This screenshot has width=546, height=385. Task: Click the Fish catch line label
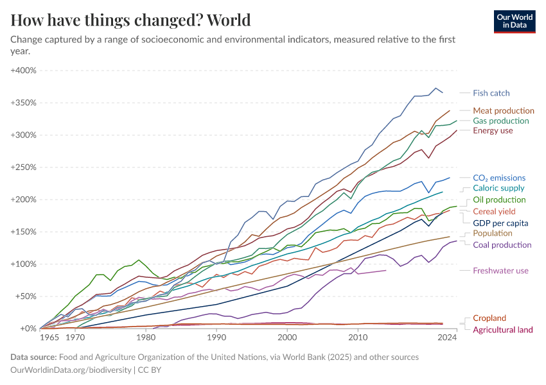click(x=491, y=93)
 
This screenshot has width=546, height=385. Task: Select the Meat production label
click(x=503, y=110)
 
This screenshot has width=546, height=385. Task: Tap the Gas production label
click(x=500, y=121)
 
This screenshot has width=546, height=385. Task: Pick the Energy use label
click(x=493, y=131)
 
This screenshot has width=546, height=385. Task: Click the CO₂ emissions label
click(x=498, y=178)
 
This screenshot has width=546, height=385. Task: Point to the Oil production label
click(x=499, y=200)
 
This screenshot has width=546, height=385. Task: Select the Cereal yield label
click(x=494, y=211)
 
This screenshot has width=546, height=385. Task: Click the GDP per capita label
click(x=500, y=223)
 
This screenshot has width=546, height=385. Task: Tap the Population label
click(x=493, y=234)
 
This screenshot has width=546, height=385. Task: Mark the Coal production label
click(x=502, y=244)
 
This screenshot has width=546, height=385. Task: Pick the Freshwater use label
click(x=500, y=271)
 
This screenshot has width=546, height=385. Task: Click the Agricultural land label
click(x=502, y=330)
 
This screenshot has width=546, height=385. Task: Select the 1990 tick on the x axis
click(x=216, y=337)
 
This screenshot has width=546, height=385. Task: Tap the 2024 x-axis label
click(x=448, y=337)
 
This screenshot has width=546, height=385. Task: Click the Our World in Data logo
click(x=514, y=21)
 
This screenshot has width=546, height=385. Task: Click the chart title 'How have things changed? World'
click(x=130, y=20)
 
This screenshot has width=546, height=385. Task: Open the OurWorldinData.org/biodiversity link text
click(x=71, y=370)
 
